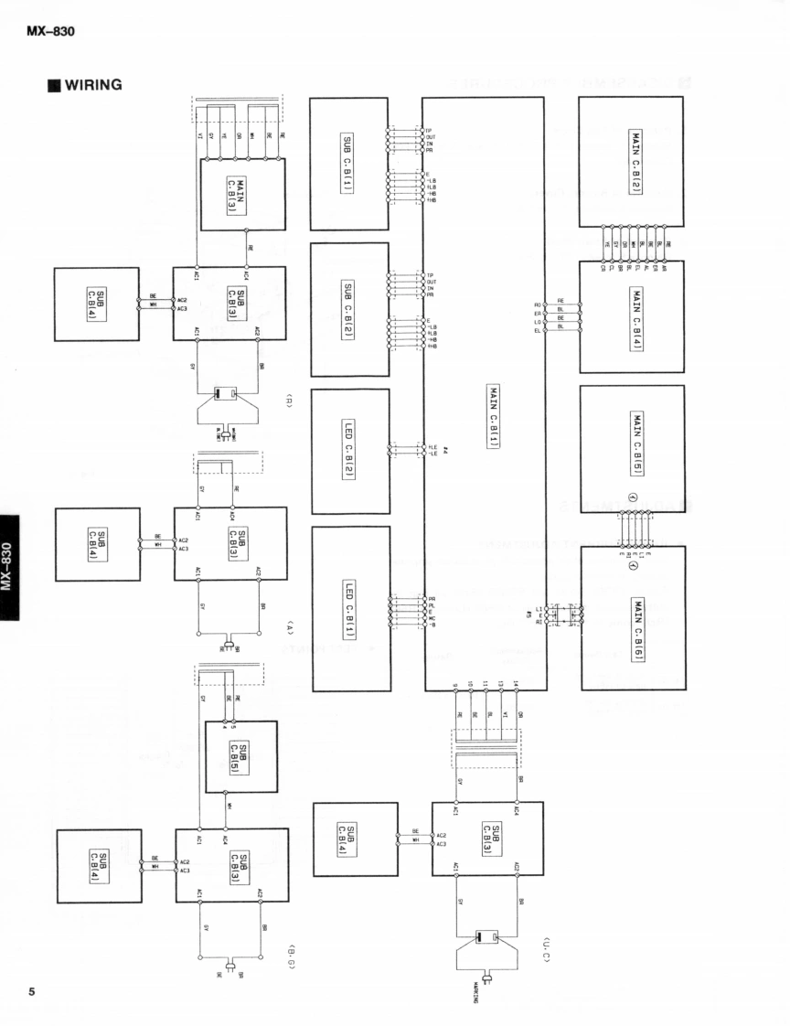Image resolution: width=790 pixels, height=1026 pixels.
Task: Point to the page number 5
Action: coord(32,992)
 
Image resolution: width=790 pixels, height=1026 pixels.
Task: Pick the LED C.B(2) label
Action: coord(348,451)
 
